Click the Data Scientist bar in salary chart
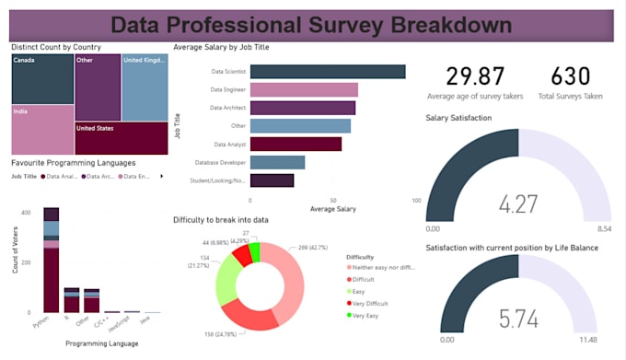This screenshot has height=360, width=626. coord(327,72)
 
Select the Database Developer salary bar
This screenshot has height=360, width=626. coord(277,162)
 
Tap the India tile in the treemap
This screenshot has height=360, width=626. coord(42,129)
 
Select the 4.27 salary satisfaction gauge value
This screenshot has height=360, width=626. coord(519,203)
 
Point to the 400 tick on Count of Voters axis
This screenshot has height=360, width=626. coord(27,213)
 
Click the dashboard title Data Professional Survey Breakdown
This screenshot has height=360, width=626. coord(312,24)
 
